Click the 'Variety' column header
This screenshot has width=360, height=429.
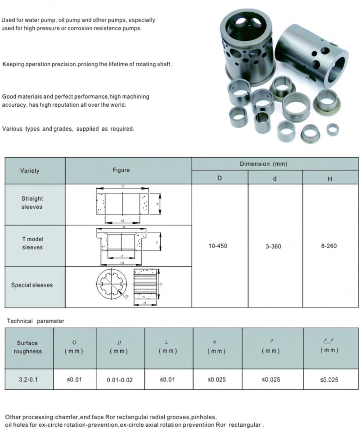pos(30,171)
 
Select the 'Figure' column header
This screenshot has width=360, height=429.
pos(121,170)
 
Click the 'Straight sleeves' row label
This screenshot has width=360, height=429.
pos(32,203)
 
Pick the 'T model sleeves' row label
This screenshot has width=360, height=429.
pos(32,243)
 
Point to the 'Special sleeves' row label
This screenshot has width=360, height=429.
pos(32,285)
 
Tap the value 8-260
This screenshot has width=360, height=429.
pos(329,246)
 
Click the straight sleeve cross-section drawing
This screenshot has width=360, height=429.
pos(123,203)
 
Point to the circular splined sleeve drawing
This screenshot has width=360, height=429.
pos(112,285)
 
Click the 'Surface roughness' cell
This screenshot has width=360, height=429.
pos(28,347)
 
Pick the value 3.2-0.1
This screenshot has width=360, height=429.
pos(28,379)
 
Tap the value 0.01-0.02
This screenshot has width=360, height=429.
pos(120,380)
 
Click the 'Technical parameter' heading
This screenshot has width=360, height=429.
pos(36,321)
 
